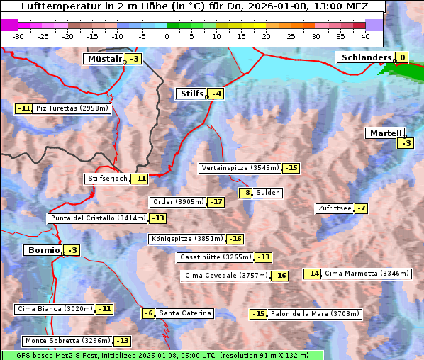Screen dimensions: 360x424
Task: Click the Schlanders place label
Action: [x=365, y=58]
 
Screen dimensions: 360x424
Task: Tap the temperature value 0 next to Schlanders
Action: [x=402, y=58]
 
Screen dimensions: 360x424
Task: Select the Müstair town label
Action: [x=104, y=59]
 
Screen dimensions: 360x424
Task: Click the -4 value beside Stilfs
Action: [x=216, y=94]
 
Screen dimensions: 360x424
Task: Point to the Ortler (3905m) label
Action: [x=178, y=202]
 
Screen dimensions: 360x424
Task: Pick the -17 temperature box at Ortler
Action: [x=216, y=202]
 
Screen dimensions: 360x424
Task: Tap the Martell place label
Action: [x=386, y=133]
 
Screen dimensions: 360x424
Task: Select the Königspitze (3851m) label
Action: [x=187, y=239]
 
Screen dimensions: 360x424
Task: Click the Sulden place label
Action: [x=268, y=193]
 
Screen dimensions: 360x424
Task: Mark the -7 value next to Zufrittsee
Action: [x=362, y=208]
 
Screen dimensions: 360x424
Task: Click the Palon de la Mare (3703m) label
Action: [x=315, y=314]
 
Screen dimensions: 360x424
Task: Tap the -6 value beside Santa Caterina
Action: [x=148, y=313]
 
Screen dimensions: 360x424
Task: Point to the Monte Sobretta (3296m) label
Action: [x=67, y=341]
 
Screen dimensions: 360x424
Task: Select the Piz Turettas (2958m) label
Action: [x=72, y=108]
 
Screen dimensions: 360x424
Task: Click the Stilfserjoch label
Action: [x=108, y=179]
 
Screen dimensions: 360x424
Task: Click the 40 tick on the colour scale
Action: [x=365, y=36]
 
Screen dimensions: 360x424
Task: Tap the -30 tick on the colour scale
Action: [x=18, y=36]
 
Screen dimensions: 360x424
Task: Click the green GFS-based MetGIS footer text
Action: [x=162, y=355]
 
